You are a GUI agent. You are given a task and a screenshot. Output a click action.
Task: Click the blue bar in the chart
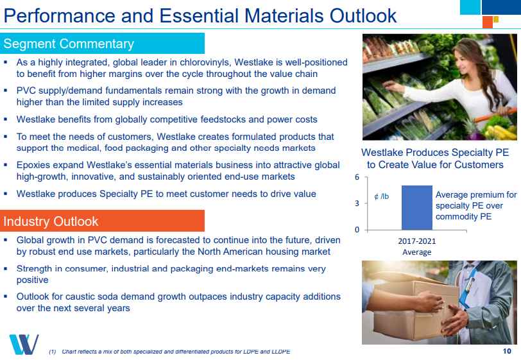(x=416, y=207)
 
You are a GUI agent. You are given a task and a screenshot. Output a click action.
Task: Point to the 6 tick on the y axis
(x=357, y=177)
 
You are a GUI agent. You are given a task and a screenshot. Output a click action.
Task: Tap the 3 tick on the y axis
(x=357, y=203)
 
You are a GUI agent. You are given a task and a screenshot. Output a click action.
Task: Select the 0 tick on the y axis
(x=357, y=229)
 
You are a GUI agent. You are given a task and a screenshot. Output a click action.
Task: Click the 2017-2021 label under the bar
(x=416, y=241)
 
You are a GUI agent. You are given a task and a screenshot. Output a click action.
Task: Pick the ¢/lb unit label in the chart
(x=381, y=196)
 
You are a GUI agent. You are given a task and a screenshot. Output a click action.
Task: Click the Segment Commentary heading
(x=69, y=44)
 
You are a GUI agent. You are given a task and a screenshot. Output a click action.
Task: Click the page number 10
(x=507, y=351)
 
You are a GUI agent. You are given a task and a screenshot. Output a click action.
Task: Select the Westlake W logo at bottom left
(x=24, y=345)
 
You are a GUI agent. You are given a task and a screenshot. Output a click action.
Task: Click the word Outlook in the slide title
(x=363, y=15)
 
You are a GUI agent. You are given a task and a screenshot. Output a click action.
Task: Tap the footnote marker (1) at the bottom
(x=53, y=352)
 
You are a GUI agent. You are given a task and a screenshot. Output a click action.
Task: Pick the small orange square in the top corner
(x=488, y=22)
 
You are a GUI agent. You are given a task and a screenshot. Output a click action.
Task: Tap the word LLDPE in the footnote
(x=282, y=352)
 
